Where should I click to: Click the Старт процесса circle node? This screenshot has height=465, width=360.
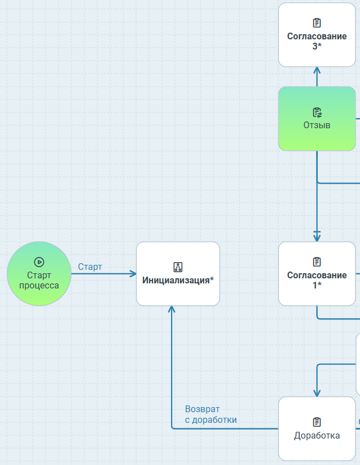(39, 274)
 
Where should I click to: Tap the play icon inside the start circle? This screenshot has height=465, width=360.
(39, 261)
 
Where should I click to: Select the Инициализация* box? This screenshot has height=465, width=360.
(178, 274)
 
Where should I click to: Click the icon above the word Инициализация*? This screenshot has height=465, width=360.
(178, 267)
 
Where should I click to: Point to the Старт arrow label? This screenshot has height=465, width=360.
(90, 267)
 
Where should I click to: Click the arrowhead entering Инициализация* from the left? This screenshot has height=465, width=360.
(133, 274)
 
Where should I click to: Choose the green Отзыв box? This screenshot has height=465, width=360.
(317, 119)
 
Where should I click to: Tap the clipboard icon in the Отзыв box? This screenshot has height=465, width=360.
(317, 112)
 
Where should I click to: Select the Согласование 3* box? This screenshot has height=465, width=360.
(317, 34)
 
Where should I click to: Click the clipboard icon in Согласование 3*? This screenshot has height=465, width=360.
(317, 23)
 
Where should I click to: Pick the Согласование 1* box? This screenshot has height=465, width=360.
(317, 274)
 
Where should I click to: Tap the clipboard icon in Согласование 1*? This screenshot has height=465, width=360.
(317, 262)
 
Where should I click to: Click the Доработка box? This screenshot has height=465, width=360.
(317, 428)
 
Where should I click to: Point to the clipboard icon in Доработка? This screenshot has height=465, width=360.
(317, 422)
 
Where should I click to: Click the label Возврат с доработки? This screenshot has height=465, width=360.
(210, 414)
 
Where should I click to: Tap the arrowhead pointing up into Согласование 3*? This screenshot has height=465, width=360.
(317, 70)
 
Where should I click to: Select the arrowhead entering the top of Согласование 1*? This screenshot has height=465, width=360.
(317, 238)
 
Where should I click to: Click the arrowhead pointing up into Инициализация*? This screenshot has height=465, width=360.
(172, 309)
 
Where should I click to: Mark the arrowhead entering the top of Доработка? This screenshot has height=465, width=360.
(317, 394)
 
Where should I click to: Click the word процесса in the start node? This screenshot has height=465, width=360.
(39, 285)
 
